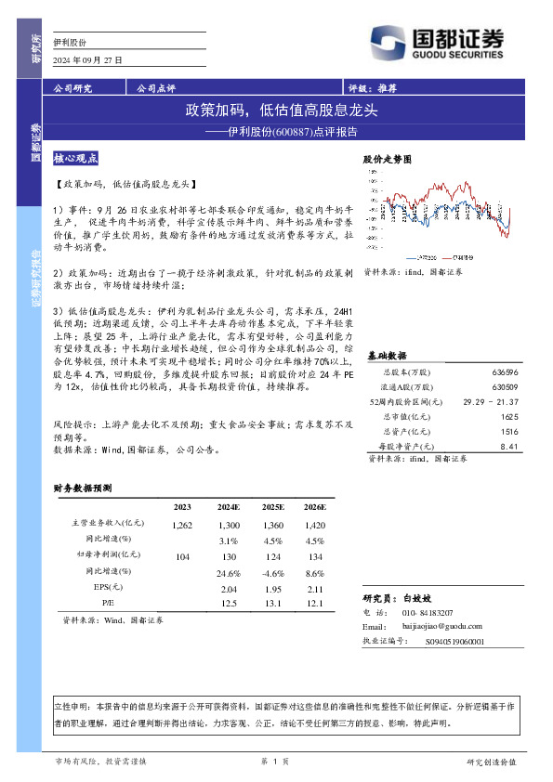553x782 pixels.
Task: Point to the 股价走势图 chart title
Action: [x=386, y=160]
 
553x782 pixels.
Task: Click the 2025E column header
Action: [x=272, y=507]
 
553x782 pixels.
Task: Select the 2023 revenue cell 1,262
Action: [x=182, y=526]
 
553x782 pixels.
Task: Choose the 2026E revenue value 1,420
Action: [x=314, y=526]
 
